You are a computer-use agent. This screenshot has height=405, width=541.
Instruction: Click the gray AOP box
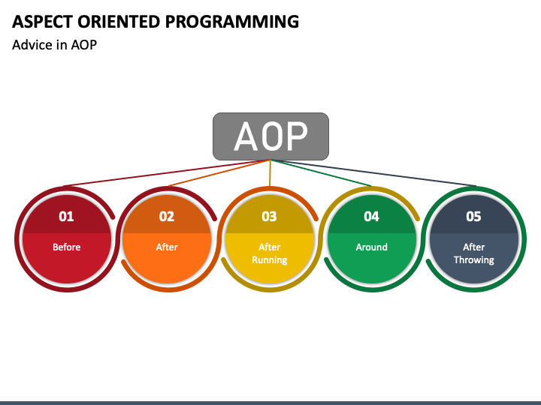pyautogui.click(x=270, y=136)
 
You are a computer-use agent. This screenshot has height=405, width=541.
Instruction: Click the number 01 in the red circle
pyautogui.click(x=66, y=216)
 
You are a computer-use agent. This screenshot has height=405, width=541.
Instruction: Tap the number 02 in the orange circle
pyautogui.click(x=167, y=216)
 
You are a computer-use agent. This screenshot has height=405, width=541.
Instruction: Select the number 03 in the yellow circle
pyautogui.click(x=269, y=216)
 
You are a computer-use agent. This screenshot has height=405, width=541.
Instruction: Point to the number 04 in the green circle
pyautogui.click(x=372, y=216)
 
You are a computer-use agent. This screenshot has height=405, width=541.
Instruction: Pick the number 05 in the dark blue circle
pyautogui.click(x=473, y=216)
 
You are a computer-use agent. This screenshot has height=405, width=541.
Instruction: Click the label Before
pyautogui.click(x=67, y=247)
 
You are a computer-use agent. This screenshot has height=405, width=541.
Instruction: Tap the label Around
pyautogui.click(x=372, y=247)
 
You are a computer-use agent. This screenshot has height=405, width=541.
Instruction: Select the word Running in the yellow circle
pyautogui.click(x=270, y=260)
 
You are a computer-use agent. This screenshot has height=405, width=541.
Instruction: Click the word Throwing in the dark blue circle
pyautogui.click(x=473, y=260)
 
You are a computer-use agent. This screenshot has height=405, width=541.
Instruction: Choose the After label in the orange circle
pyautogui.click(x=167, y=247)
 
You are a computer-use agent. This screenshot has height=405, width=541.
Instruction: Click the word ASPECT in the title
pyautogui.click(x=42, y=22)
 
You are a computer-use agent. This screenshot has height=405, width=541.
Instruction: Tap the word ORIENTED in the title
pyautogui.click(x=119, y=22)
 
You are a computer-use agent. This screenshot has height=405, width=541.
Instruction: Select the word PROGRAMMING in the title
pyautogui.click(x=232, y=22)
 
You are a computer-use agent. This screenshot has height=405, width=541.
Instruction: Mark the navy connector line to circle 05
pyautogui.click(x=373, y=173)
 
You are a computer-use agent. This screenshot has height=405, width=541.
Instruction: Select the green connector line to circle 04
pyautogui.click(x=322, y=173)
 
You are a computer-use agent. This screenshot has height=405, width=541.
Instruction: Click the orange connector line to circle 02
pyautogui.click(x=219, y=173)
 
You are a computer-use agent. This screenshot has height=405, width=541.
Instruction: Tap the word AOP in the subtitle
pyautogui.click(x=84, y=45)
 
